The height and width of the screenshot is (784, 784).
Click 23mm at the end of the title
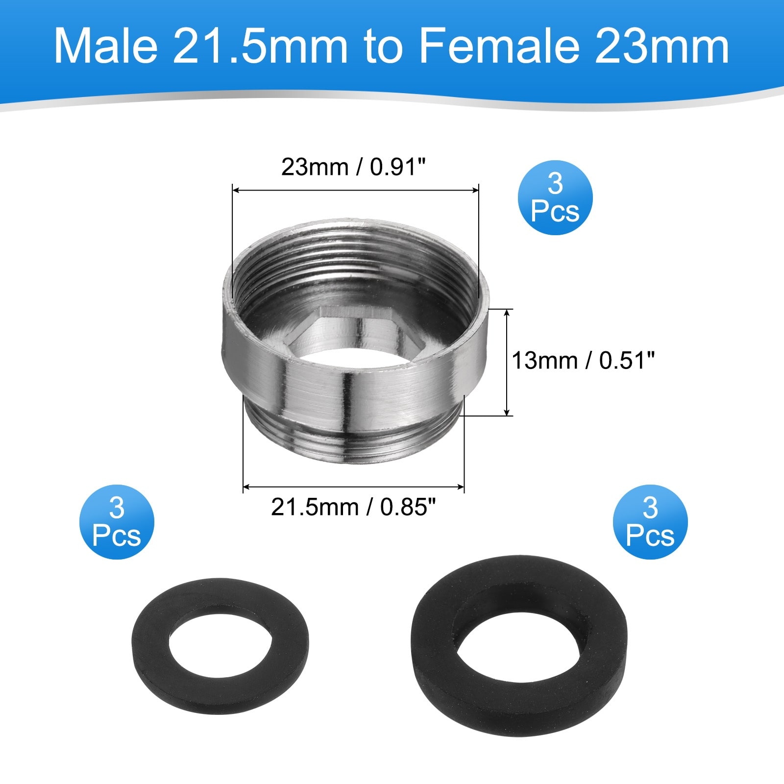[x=662, y=46]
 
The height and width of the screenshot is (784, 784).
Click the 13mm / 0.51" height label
[x=583, y=361]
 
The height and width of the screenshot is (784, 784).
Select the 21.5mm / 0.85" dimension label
[x=353, y=507]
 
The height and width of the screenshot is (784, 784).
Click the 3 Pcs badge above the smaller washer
[x=117, y=522]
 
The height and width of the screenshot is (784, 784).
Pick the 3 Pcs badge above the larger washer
[x=650, y=522]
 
